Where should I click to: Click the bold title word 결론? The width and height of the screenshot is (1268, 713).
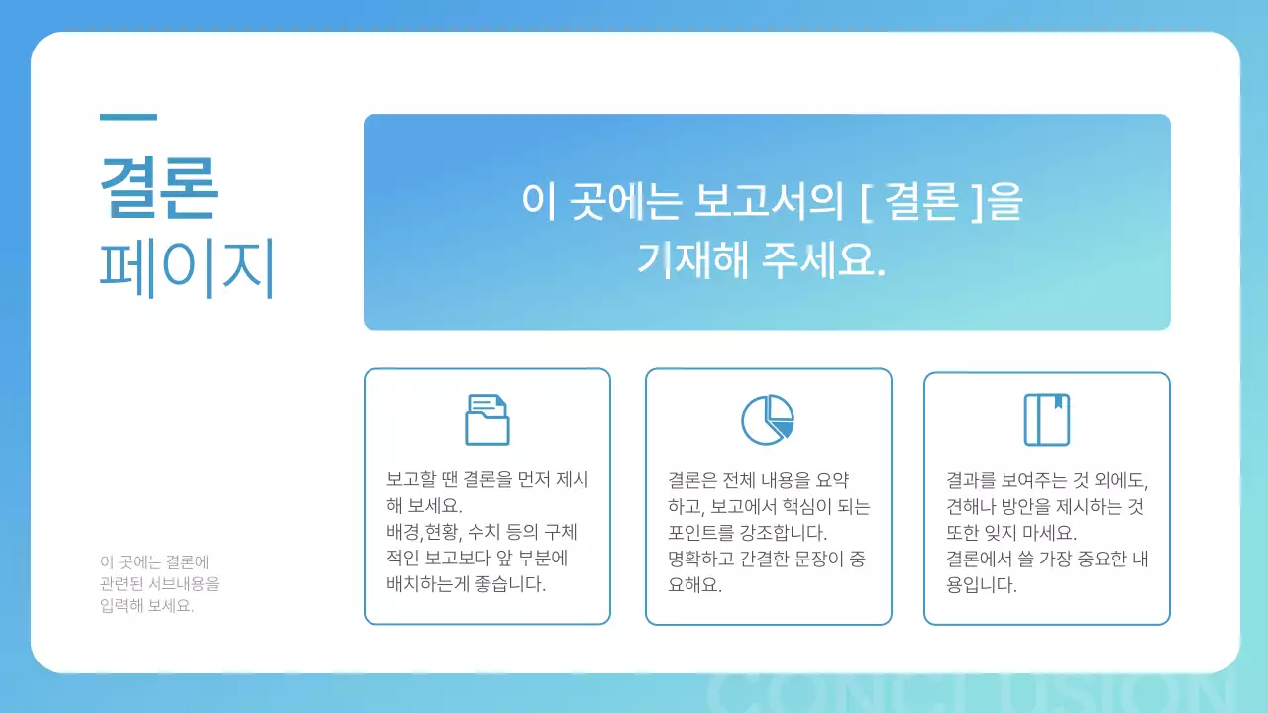pos(158,186)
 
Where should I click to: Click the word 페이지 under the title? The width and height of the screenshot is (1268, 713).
pos(187,268)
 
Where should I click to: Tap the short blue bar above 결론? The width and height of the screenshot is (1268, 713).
pos(128,117)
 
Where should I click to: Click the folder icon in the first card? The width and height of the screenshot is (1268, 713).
pos(486,419)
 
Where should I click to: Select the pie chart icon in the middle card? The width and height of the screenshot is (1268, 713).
pos(768,419)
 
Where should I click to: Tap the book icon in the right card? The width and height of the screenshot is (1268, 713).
pos(1046,419)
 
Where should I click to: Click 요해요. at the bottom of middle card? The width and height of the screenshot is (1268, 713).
pos(695,583)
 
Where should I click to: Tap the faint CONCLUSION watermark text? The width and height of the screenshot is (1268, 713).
pos(971,693)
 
